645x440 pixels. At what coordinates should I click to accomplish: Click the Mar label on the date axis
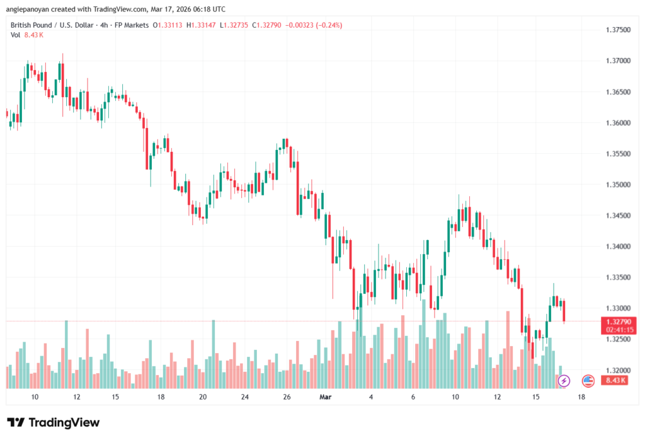(326, 397)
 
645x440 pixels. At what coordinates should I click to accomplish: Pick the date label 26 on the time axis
(287, 397)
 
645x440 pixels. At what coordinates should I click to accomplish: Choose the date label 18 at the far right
(581, 397)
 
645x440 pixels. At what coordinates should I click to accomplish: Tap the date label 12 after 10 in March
(497, 397)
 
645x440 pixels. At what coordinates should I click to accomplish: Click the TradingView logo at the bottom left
(54, 422)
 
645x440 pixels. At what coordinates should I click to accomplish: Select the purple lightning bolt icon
(564, 381)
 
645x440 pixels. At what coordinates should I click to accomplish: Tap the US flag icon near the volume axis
(588, 381)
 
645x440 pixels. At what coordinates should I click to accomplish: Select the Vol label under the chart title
(15, 35)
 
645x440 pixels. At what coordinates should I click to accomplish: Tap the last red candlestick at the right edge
(564, 311)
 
